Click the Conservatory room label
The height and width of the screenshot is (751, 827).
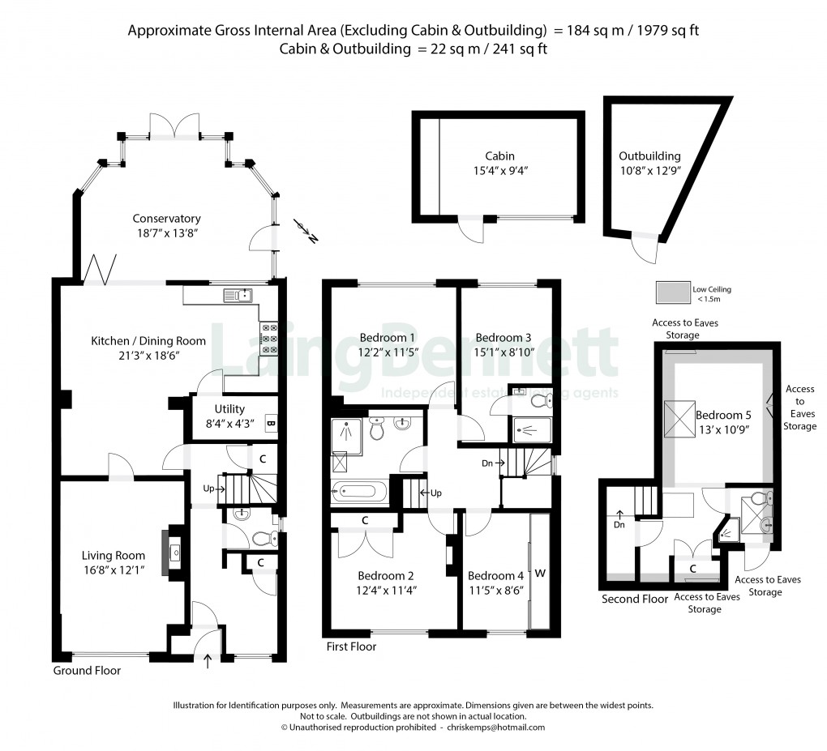[166, 219]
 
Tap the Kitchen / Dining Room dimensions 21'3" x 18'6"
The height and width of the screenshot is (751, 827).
[148, 355]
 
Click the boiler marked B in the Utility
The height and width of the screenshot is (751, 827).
[270, 422]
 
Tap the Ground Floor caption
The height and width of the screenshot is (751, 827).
[87, 671]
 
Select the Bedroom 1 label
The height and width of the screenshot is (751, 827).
[388, 338]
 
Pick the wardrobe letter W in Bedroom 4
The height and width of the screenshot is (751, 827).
[540, 574]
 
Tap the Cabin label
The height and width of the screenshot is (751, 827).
[499, 156]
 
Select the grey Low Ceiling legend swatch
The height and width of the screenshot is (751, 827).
[671, 291]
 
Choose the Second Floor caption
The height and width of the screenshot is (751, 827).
[634, 600]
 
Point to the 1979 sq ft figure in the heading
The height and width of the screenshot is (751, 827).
[666, 32]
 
